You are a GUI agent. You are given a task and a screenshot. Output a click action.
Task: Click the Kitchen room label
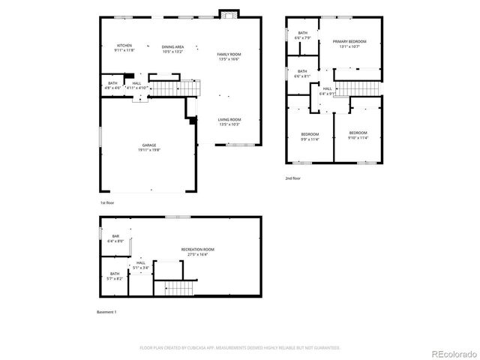click(x=124, y=48)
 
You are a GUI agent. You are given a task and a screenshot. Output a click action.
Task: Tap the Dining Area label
click(x=172, y=48)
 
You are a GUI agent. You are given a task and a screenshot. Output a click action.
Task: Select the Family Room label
click(x=229, y=56)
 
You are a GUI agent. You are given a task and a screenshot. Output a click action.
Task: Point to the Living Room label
click(x=229, y=121)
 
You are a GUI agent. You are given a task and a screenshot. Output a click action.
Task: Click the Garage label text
click(x=150, y=148)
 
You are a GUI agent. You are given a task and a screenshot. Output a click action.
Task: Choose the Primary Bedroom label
click(x=349, y=43)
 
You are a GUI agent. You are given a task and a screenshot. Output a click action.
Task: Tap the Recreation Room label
click(x=198, y=251)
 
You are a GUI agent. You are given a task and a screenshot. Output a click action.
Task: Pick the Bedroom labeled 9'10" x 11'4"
click(x=357, y=136)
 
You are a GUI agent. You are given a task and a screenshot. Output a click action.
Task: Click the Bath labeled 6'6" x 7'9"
click(x=303, y=35)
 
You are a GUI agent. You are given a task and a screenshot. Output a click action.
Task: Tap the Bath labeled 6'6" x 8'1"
click(x=302, y=73)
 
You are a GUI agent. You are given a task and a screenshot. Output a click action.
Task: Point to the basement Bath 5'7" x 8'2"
click(x=115, y=276)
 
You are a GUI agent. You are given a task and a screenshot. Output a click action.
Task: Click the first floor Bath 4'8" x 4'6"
click(x=112, y=85)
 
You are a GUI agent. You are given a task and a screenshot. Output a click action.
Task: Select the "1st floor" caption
click(x=108, y=203)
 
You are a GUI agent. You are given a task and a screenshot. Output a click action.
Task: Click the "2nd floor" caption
click(x=292, y=178)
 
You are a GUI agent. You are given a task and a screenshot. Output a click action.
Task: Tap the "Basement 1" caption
click(x=107, y=311)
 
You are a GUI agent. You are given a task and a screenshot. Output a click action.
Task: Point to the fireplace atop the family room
click(x=228, y=14)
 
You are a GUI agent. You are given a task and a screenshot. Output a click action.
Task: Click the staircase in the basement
click(x=178, y=288)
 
